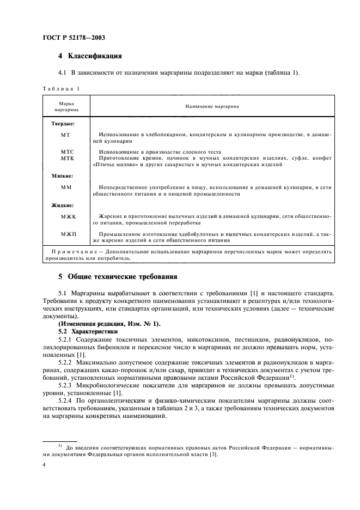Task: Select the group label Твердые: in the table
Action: [63, 124]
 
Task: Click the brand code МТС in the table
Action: [67, 150]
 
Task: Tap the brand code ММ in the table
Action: [66, 187]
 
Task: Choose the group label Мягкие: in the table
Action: [62, 176]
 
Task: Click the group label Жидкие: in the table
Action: [63, 205]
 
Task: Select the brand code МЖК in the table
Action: [67, 216]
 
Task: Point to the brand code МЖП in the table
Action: [67, 234]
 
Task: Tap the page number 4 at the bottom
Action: [44, 465]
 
